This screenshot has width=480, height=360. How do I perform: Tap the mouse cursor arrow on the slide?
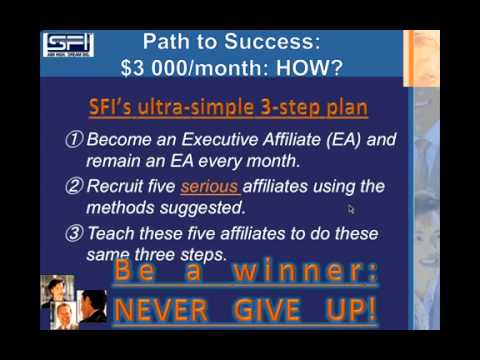tap(351, 209)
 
